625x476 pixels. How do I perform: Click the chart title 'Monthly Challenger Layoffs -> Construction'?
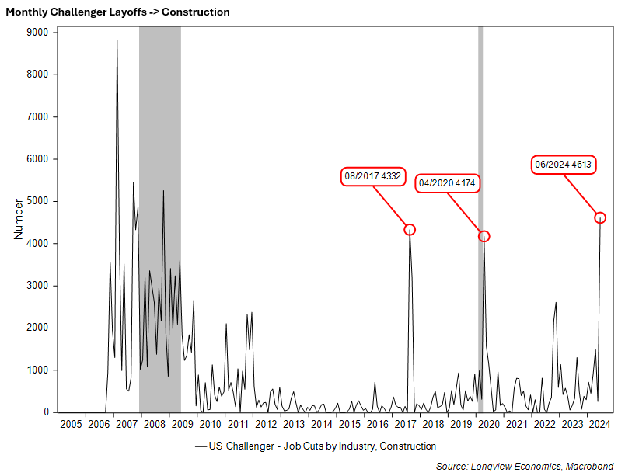[117, 12]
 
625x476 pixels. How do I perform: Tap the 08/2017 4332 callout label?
[372, 176]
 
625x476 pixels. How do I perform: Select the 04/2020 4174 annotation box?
[447, 183]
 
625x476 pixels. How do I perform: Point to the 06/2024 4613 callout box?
[563, 165]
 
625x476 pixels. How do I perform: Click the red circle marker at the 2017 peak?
[410, 229]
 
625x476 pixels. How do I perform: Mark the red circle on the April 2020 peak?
[484, 236]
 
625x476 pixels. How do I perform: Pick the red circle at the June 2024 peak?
[600, 217]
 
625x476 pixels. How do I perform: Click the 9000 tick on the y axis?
[36, 33]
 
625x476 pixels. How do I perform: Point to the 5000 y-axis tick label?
[36, 201]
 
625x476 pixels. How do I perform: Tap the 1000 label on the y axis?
[36, 370]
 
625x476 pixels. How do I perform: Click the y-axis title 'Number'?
[19, 222]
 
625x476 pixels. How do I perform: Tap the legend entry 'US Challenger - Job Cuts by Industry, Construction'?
[316, 446]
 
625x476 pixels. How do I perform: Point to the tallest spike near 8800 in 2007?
[117, 42]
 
